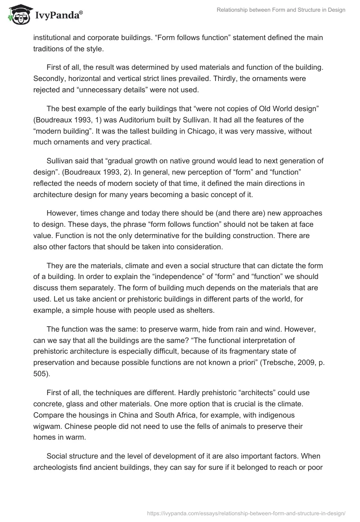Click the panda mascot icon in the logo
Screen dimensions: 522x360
(17, 14)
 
